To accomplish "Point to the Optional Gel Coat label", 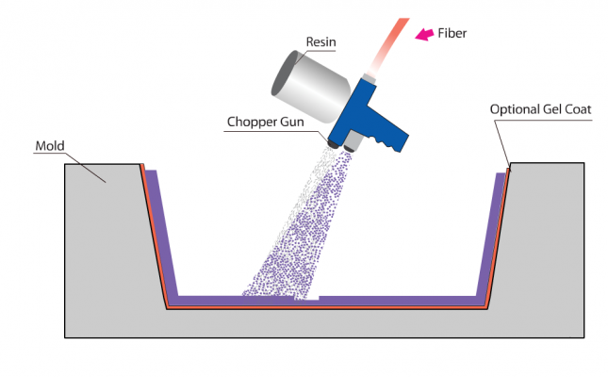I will pyautogui.click(x=540, y=109).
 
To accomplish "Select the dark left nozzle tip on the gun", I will pyautogui.click(x=335, y=143).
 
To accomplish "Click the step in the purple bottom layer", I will pyautogui.click(x=319, y=300).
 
